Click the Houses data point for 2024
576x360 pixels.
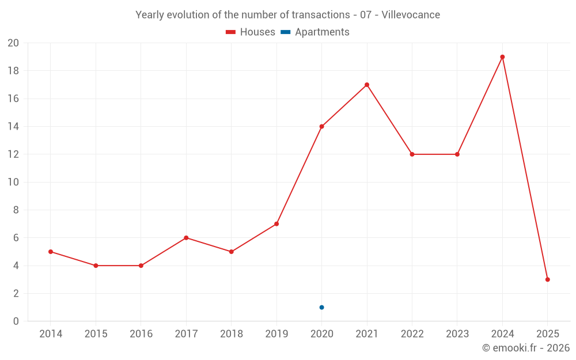point(502,57)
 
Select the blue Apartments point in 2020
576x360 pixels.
point(321,307)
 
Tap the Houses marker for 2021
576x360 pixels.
point(367,85)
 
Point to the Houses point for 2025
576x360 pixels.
point(547,279)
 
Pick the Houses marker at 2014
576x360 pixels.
point(51,252)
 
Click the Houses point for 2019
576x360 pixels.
point(276,223)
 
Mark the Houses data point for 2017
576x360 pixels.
point(186,238)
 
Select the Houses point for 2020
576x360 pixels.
point(321,126)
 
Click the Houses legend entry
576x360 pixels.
point(251,32)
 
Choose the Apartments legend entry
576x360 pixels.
point(315,32)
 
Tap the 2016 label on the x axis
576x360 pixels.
point(141,334)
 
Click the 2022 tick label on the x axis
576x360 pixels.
point(412,334)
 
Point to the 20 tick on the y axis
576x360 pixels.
point(13,43)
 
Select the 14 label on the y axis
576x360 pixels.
point(13,127)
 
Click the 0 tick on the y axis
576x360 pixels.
point(16,321)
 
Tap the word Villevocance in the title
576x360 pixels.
point(411,15)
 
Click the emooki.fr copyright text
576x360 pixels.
point(525,348)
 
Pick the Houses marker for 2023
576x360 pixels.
point(457,154)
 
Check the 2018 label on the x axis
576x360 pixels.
point(231,334)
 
